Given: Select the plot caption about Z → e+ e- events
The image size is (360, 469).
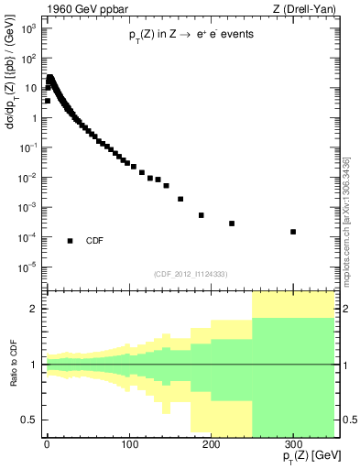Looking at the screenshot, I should (x=179, y=34).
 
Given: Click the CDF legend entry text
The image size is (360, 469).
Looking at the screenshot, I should (x=94, y=241).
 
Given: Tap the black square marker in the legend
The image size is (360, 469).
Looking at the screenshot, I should (x=71, y=241).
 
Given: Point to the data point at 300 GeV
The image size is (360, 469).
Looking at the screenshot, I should (x=293, y=232).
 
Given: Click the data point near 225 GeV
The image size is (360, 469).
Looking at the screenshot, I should (x=232, y=224).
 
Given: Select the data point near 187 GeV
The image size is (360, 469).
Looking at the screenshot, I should (x=201, y=215).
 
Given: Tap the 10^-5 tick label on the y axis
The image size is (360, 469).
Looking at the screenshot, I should (x=29, y=267).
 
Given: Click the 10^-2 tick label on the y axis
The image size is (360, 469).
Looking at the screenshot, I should (x=29, y=178).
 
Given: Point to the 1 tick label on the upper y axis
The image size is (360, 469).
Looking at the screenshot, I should (x=35, y=118).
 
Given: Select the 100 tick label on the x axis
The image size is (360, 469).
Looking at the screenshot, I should (x=129, y=443).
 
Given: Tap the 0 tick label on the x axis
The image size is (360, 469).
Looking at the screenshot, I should (x=47, y=443).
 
